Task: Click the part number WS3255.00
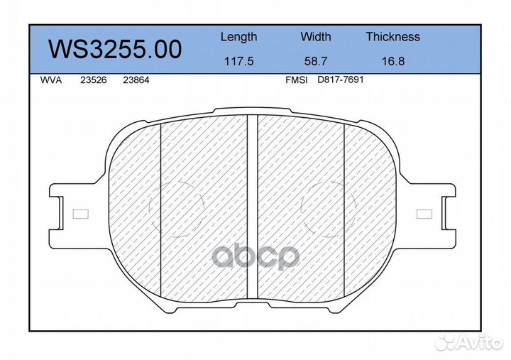click(x=114, y=50)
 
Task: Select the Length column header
click(x=238, y=37)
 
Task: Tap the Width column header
click(x=315, y=37)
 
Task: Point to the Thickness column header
click(x=392, y=37)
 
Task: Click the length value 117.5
click(x=238, y=61)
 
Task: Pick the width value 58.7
click(x=315, y=61)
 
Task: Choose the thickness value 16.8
click(x=392, y=61)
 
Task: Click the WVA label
click(x=51, y=80)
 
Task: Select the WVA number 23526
click(x=92, y=80)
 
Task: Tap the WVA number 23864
click(x=136, y=80)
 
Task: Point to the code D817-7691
click(x=340, y=80)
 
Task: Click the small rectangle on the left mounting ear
click(x=79, y=213)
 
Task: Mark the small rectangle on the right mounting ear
click(x=424, y=213)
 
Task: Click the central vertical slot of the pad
click(x=251, y=206)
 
